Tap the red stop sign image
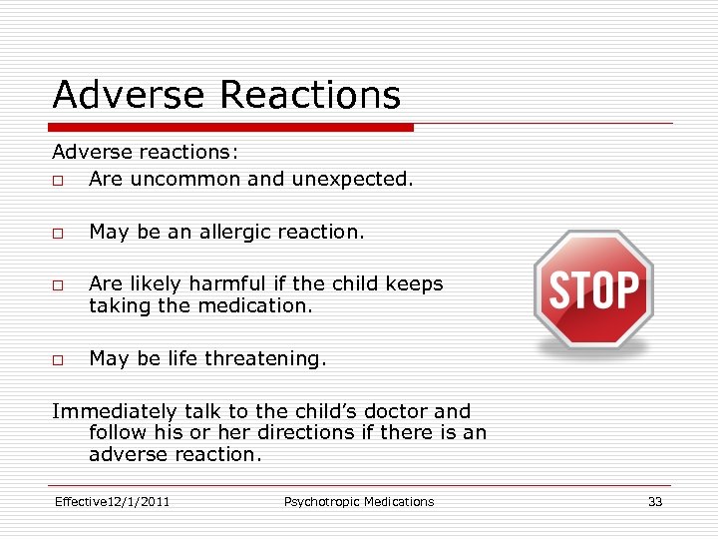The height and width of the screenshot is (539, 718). coord(593,289)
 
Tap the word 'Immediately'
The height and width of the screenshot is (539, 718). coord(113,411)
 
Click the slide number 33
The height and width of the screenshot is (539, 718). coord(654,502)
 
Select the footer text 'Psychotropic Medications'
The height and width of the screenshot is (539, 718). coord(359,502)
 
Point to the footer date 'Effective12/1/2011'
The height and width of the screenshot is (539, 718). coord(112,502)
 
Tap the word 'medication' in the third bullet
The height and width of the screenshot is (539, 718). coord(256,306)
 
